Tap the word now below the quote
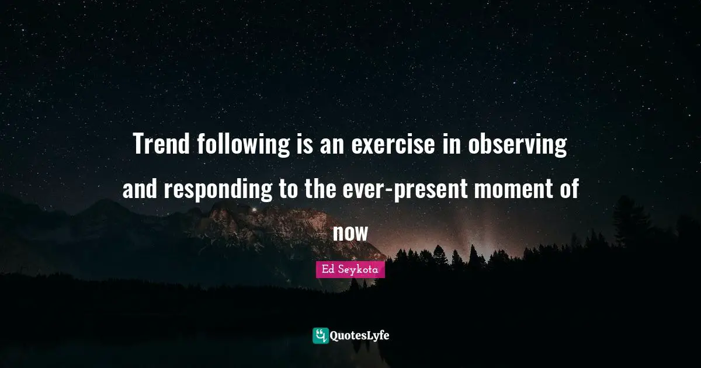[x=350, y=233]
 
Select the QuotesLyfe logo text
[x=360, y=335]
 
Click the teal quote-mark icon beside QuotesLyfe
[x=320, y=335]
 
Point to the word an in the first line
[x=334, y=145]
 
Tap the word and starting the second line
[x=140, y=190]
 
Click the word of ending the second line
[x=567, y=190]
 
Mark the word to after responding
[x=287, y=190]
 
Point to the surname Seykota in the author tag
[x=358, y=269]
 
